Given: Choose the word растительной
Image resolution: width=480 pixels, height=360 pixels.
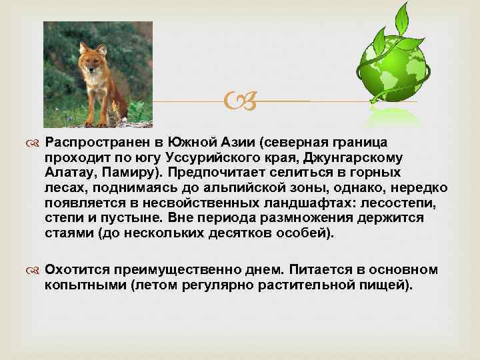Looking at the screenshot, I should click(296, 285).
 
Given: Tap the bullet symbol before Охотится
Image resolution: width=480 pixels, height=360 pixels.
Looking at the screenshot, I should click(35, 271).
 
